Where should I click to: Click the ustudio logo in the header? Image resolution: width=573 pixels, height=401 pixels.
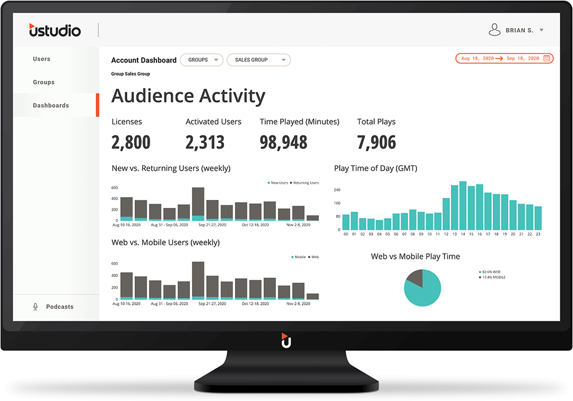[x=55, y=30]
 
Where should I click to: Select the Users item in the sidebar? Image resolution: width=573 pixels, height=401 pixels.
[x=42, y=59]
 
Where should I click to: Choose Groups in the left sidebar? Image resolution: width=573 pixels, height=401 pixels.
[x=44, y=82]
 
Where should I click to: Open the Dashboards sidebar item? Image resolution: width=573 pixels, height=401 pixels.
[x=51, y=105]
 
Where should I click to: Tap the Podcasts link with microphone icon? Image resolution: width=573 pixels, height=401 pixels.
[x=60, y=307]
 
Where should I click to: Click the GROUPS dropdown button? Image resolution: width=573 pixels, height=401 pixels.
[x=201, y=60]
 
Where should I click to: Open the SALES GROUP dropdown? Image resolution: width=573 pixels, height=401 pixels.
[x=258, y=60]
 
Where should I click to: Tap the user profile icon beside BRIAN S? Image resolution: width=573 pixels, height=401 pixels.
[x=494, y=30]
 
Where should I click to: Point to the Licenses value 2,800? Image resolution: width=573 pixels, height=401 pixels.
[x=131, y=142]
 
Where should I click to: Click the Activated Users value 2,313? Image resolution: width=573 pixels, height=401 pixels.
[x=205, y=142]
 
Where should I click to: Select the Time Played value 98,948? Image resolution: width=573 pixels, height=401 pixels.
[x=284, y=142]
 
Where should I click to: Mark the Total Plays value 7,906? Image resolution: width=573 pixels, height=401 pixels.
[x=376, y=142]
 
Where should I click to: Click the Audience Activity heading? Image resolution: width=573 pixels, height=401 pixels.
[x=188, y=96]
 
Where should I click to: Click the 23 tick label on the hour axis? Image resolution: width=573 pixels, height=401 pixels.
[x=538, y=234]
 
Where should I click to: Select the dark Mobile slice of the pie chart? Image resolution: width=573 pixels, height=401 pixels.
[x=414, y=278]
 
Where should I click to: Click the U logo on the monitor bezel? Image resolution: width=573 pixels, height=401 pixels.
[x=286, y=340]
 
